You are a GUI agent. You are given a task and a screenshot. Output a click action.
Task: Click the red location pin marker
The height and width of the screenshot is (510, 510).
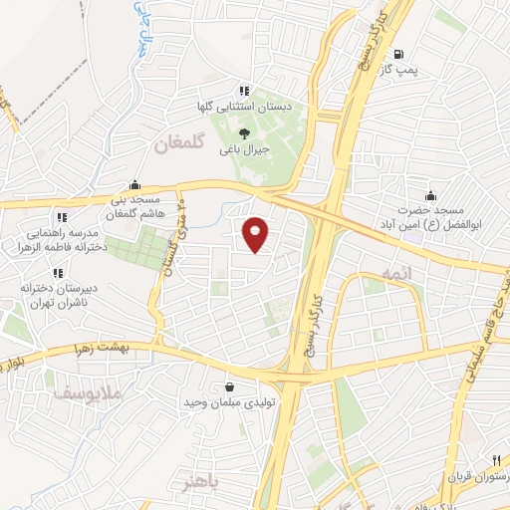(x=256, y=233)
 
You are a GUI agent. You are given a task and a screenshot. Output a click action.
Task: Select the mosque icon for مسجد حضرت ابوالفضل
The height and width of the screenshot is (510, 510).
(x=429, y=195)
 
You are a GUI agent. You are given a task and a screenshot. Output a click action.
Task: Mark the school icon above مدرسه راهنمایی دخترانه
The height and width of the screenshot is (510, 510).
(x=62, y=216)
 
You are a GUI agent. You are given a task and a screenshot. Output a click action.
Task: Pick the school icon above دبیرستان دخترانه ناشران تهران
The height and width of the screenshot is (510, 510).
(x=57, y=272)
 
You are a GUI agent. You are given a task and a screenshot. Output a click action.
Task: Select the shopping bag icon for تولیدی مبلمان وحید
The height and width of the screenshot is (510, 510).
(x=230, y=386)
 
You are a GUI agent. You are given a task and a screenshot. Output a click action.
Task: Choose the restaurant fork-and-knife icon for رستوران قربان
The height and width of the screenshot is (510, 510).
(x=495, y=459)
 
